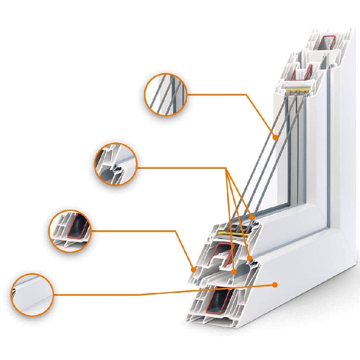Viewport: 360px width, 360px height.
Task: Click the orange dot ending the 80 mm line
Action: click(275, 284)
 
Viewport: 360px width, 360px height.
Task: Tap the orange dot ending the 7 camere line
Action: click(194, 269)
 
